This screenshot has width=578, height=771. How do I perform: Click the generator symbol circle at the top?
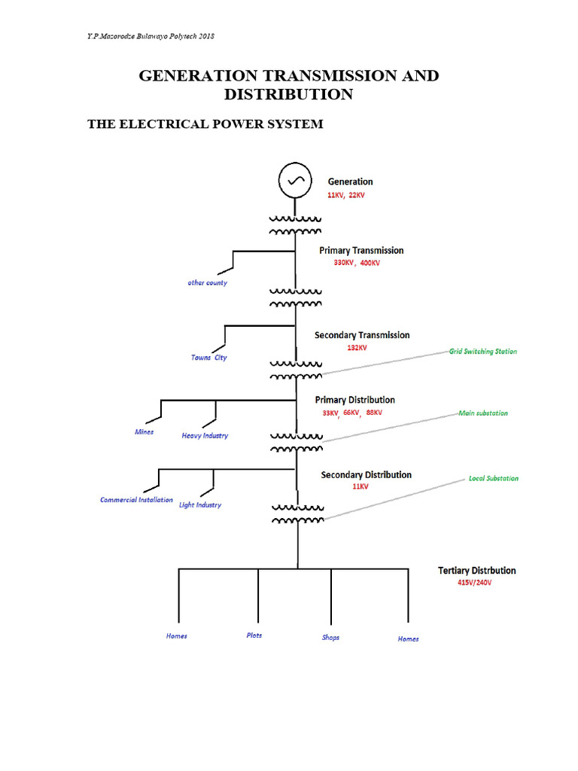click(x=294, y=180)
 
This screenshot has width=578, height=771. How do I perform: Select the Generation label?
click(x=350, y=181)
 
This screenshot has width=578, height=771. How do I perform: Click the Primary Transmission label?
click(x=361, y=250)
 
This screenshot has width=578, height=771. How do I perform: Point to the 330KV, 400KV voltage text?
click(x=357, y=264)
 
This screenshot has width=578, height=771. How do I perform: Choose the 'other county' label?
click(x=208, y=283)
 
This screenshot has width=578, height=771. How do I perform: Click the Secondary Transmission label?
click(x=362, y=335)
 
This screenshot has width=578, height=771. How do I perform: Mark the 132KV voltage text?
click(x=357, y=348)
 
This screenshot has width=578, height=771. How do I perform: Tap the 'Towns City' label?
click(x=208, y=358)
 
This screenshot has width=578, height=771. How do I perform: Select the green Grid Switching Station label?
click(x=483, y=352)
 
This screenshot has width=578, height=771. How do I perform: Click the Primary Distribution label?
click(x=355, y=400)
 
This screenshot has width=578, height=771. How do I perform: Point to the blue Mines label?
click(x=144, y=432)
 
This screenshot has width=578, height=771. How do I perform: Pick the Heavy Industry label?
click(x=205, y=436)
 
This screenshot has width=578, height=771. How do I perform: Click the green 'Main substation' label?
click(x=483, y=413)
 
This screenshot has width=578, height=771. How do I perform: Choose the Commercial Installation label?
click(x=136, y=500)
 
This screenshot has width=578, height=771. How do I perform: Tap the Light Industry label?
click(x=200, y=505)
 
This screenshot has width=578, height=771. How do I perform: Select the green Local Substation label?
click(x=494, y=478)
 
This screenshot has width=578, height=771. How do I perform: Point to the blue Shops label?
click(x=330, y=638)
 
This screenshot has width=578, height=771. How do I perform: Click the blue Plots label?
click(x=254, y=635)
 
